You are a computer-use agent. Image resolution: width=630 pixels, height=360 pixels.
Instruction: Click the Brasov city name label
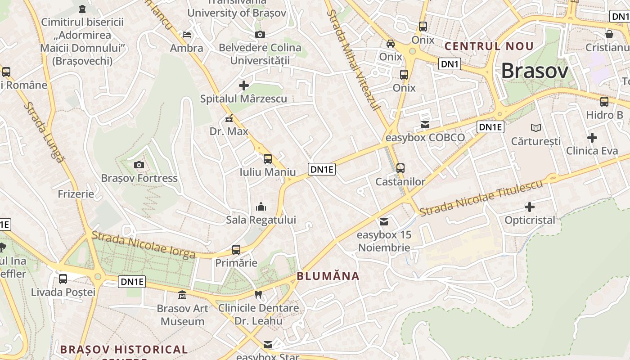tap(535, 71)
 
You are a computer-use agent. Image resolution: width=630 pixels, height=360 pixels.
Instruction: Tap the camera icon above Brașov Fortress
tap(139, 165)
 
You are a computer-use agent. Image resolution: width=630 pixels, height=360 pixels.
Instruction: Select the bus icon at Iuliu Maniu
tap(268, 158)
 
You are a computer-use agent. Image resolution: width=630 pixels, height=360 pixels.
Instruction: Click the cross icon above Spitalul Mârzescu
tap(243, 85)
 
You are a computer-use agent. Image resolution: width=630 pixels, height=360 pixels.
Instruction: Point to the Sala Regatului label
tap(261, 220)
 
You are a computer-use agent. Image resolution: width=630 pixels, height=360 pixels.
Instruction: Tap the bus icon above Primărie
tap(236, 249)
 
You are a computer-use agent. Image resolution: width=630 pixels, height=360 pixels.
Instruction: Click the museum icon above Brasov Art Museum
tap(182, 295)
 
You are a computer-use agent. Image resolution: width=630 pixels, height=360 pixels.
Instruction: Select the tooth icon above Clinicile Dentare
tap(258, 295)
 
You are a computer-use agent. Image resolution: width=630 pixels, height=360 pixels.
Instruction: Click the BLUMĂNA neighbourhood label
tap(328, 276)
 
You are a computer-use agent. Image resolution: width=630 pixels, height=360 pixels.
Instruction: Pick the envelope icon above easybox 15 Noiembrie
tap(384, 221)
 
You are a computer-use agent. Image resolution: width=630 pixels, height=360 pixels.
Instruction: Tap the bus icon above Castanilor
tap(400, 168)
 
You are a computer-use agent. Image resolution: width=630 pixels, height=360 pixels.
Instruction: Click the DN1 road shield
tap(450, 64)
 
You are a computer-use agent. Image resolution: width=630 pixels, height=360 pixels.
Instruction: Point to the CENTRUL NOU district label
tap(489, 46)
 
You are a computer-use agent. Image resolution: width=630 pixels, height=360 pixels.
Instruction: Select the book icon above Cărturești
tap(535, 128)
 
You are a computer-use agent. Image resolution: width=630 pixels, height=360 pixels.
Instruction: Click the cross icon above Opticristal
tap(530, 207)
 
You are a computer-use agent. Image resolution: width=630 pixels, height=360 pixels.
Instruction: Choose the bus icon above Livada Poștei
tap(63, 279)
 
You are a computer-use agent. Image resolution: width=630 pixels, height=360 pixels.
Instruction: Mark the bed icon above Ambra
tap(186, 34)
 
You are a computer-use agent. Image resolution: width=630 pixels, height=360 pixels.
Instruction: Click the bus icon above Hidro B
tap(604, 101)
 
